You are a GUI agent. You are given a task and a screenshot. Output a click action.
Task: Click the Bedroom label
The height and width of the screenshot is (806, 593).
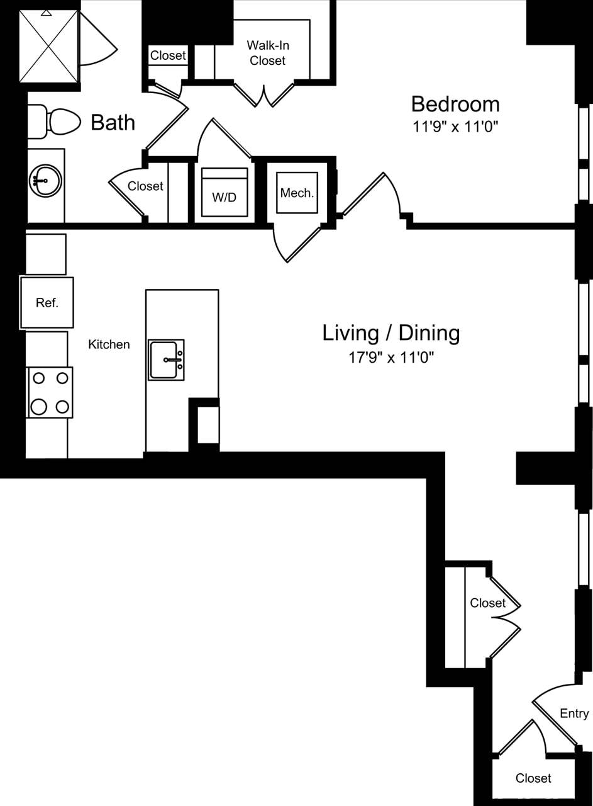click(455, 104)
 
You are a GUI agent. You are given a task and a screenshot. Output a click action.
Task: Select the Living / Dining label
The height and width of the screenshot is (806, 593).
click(391, 332)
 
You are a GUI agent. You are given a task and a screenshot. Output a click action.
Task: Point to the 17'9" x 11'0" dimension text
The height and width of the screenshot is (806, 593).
click(392, 358)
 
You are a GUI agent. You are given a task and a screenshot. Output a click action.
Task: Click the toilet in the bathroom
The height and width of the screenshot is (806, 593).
click(56, 122)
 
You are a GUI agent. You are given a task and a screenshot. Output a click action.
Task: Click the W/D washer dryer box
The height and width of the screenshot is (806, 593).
click(224, 192)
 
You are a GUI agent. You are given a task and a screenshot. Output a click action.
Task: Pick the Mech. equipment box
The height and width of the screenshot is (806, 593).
click(297, 192)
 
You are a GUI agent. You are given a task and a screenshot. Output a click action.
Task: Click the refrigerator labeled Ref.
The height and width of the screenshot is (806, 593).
click(47, 302)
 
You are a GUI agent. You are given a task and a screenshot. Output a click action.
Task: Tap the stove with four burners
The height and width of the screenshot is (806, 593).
click(50, 392)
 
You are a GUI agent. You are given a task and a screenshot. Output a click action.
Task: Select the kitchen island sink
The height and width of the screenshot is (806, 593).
click(167, 360)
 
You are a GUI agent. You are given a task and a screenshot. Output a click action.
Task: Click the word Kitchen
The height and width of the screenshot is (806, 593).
click(109, 344)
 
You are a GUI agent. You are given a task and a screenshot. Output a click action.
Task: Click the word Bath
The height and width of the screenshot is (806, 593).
click(113, 122)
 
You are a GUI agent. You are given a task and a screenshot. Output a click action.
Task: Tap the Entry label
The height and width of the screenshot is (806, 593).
click(574, 713)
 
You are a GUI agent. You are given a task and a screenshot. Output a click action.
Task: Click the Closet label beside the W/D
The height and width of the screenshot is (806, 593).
click(145, 186)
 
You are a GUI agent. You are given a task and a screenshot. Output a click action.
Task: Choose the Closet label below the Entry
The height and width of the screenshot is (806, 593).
click(533, 778)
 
